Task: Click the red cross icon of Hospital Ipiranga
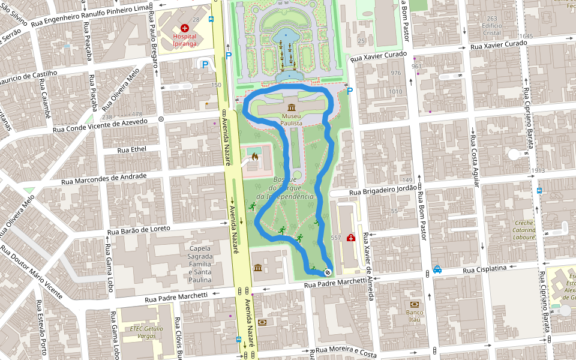click(x=184, y=28)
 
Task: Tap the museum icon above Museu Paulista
click(x=291, y=107)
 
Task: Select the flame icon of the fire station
click(x=254, y=158)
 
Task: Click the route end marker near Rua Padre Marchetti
click(x=328, y=273)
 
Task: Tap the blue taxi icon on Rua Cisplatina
click(x=437, y=269)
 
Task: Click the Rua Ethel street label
click(x=131, y=149)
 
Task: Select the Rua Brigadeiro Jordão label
click(x=382, y=190)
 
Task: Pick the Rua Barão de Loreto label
click(x=139, y=230)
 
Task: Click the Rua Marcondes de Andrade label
click(x=104, y=179)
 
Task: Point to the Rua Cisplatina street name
click(x=485, y=268)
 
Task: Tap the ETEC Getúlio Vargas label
click(x=146, y=332)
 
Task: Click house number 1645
click(x=526, y=37)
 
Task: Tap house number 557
click(x=335, y=238)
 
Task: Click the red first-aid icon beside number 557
click(x=350, y=238)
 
